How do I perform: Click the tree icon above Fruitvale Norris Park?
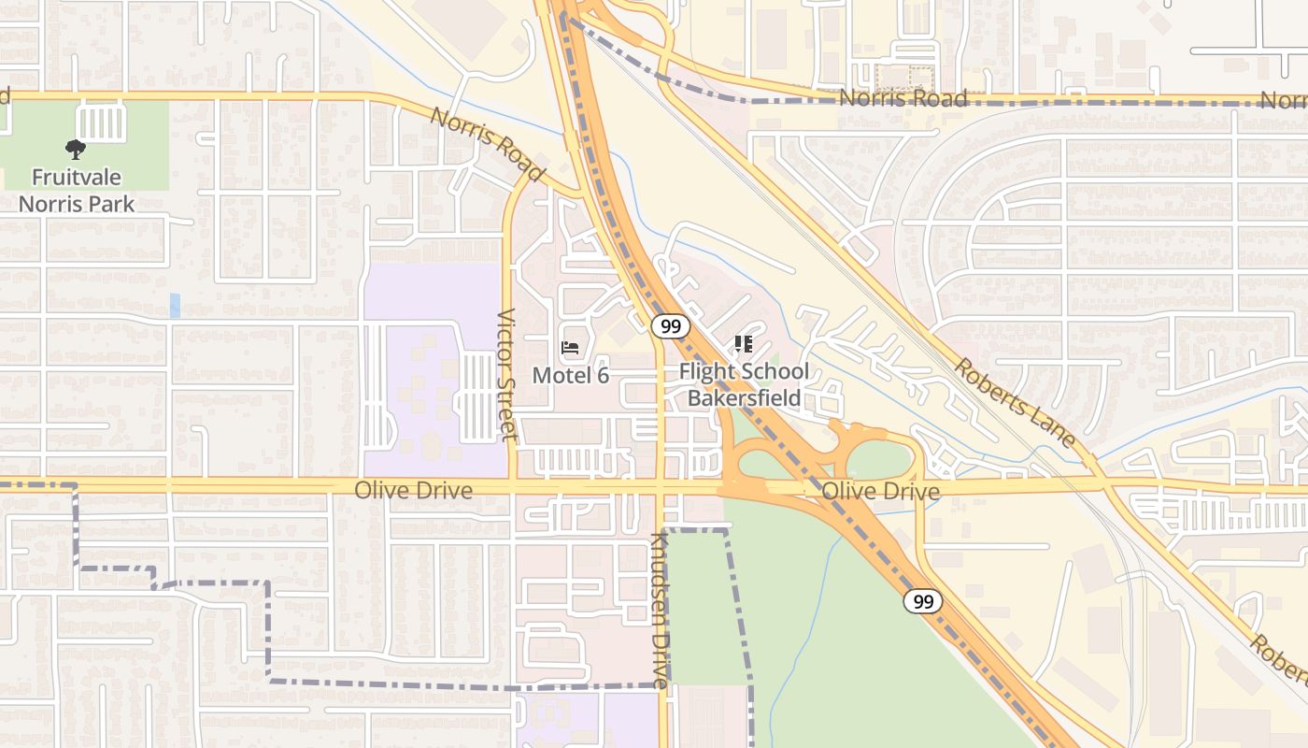coord(75,149)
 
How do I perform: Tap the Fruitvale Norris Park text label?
coord(77,190)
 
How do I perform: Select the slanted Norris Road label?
coord(487,144)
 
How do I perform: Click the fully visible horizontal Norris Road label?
coord(902,98)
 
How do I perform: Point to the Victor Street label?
coord(506,374)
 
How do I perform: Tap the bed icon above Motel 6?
coord(569,349)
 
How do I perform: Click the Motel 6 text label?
coord(570,375)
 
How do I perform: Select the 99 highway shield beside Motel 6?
coord(670,326)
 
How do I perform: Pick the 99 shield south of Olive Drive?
coord(922,601)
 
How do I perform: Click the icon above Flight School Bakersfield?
coord(744,345)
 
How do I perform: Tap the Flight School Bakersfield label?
coord(744,384)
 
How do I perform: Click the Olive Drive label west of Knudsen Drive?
coord(413,490)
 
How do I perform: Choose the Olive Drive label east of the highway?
coord(880,492)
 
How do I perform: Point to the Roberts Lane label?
coord(1014,401)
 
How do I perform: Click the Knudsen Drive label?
coord(661,610)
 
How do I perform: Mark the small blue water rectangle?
coord(175,306)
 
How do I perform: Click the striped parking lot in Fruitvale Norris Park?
coord(100,122)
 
